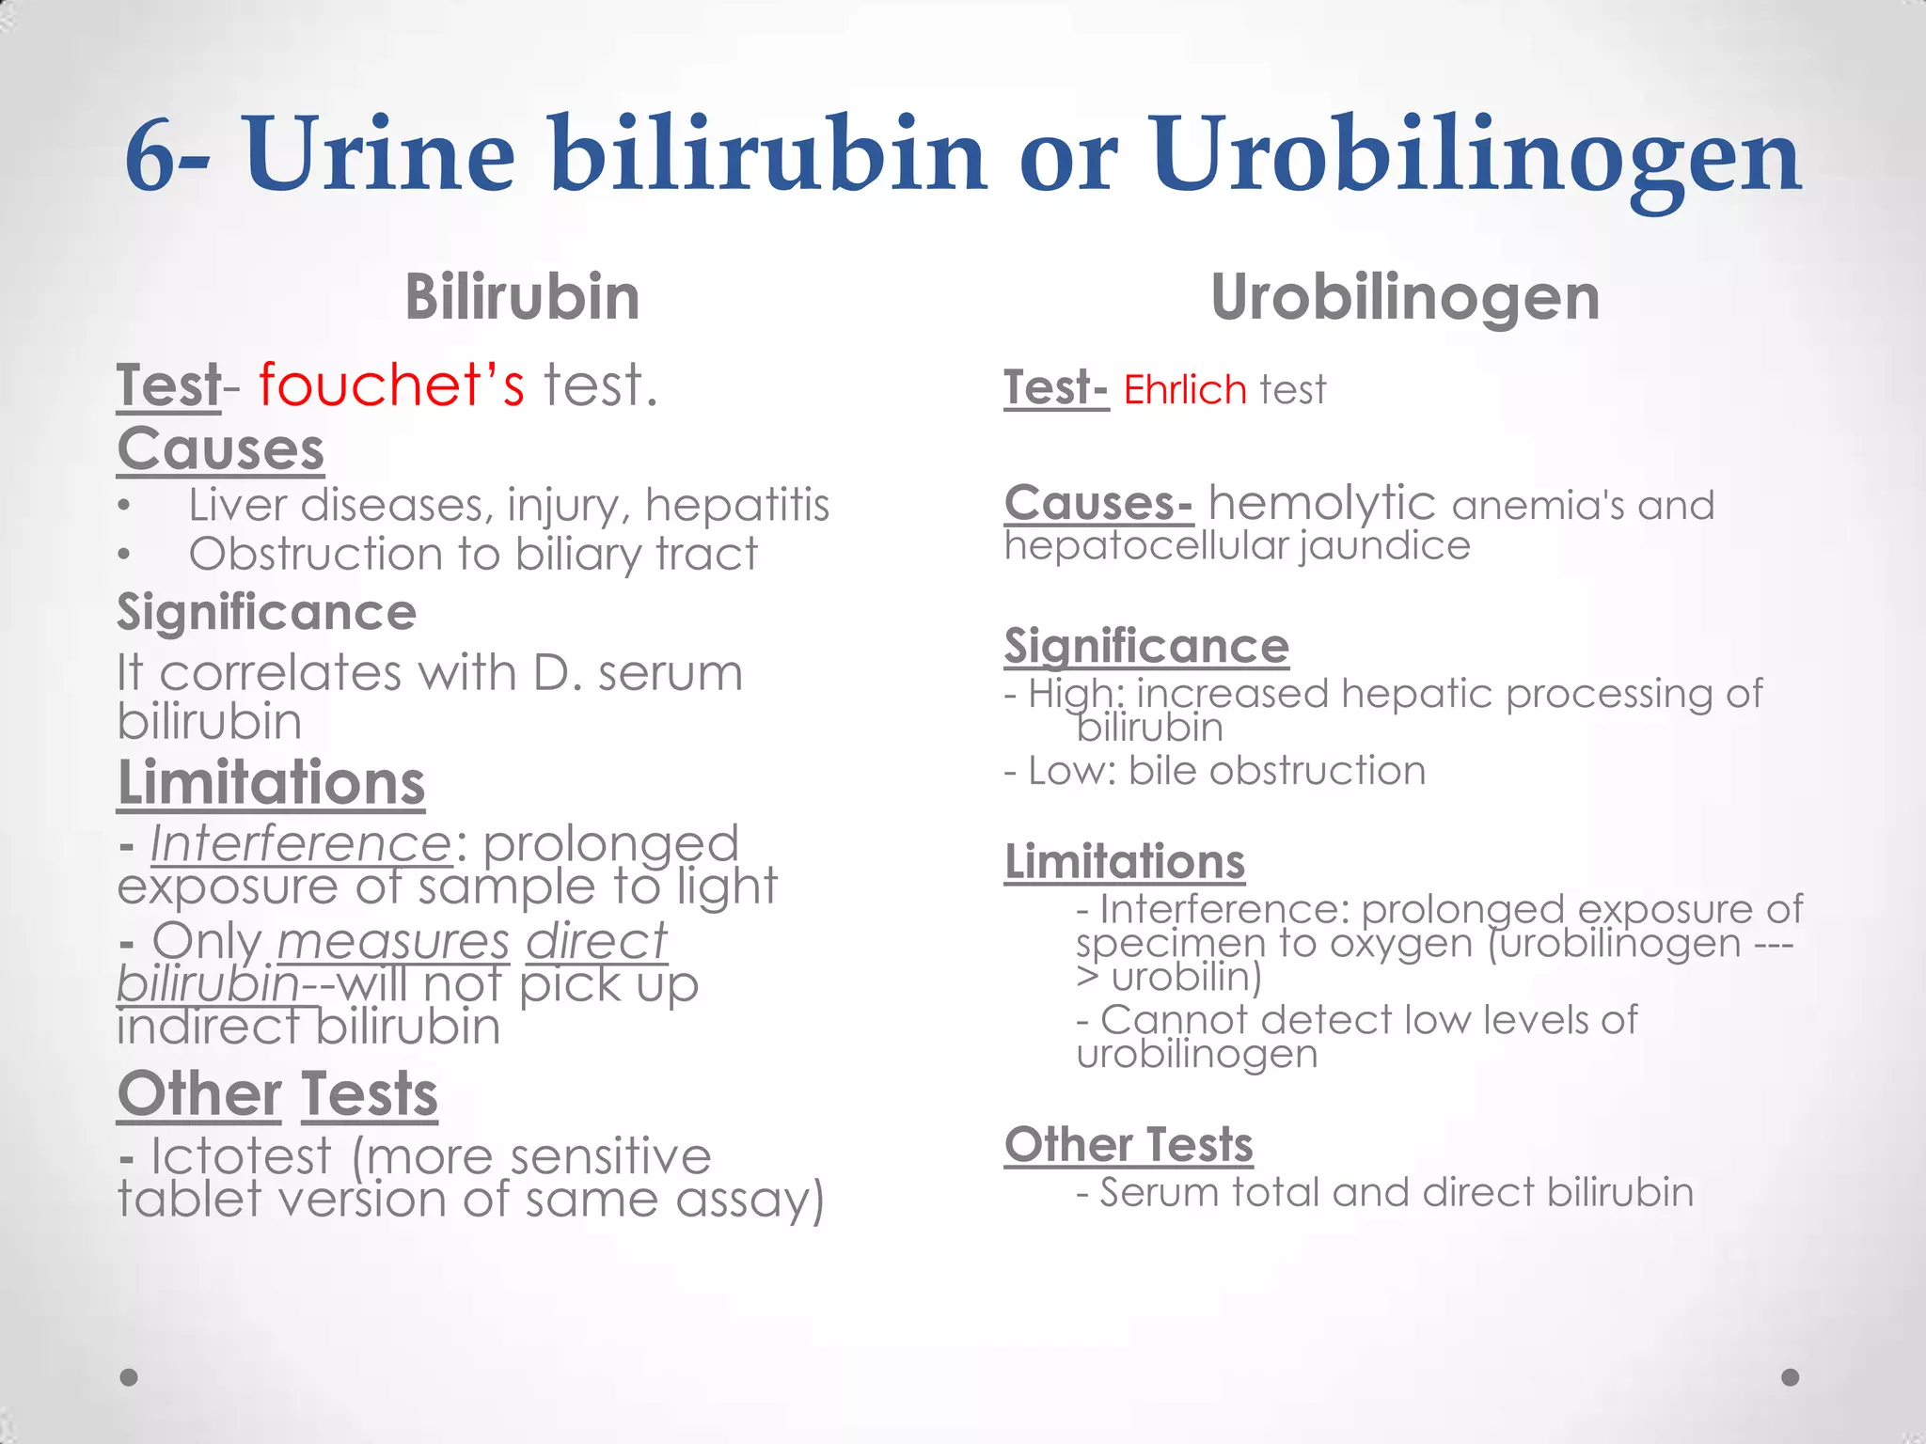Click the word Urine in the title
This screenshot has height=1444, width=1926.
click(379, 153)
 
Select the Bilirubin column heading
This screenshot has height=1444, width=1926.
click(522, 297)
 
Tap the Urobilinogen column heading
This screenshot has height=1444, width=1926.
click(1405, 297)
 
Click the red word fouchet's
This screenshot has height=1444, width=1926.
click(391, 385)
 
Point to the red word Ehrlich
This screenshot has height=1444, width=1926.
click(1185, 389)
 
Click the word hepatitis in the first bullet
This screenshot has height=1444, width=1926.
click(737, 505)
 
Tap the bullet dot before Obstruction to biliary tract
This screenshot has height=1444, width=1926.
click(124, 555)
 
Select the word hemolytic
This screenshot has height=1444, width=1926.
click(1321, 503)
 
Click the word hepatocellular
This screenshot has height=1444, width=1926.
click(1146, 545)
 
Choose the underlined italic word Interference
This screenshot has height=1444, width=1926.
click(301, 843)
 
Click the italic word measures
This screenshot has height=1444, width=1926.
click(393, 941)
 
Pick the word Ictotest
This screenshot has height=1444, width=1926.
click(242, 1155)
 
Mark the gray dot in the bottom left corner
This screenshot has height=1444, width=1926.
click(129, 1377)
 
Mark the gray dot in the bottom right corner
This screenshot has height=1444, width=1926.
click(1791, 1377)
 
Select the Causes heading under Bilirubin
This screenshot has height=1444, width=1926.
click(221, 449)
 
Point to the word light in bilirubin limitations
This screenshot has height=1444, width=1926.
click(727, 887)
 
